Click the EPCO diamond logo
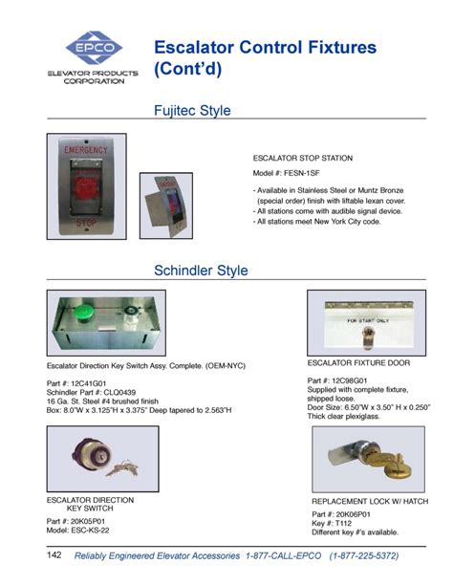[94, 49]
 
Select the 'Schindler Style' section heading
[201, 271]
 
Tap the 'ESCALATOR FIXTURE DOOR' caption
[358, 363]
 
